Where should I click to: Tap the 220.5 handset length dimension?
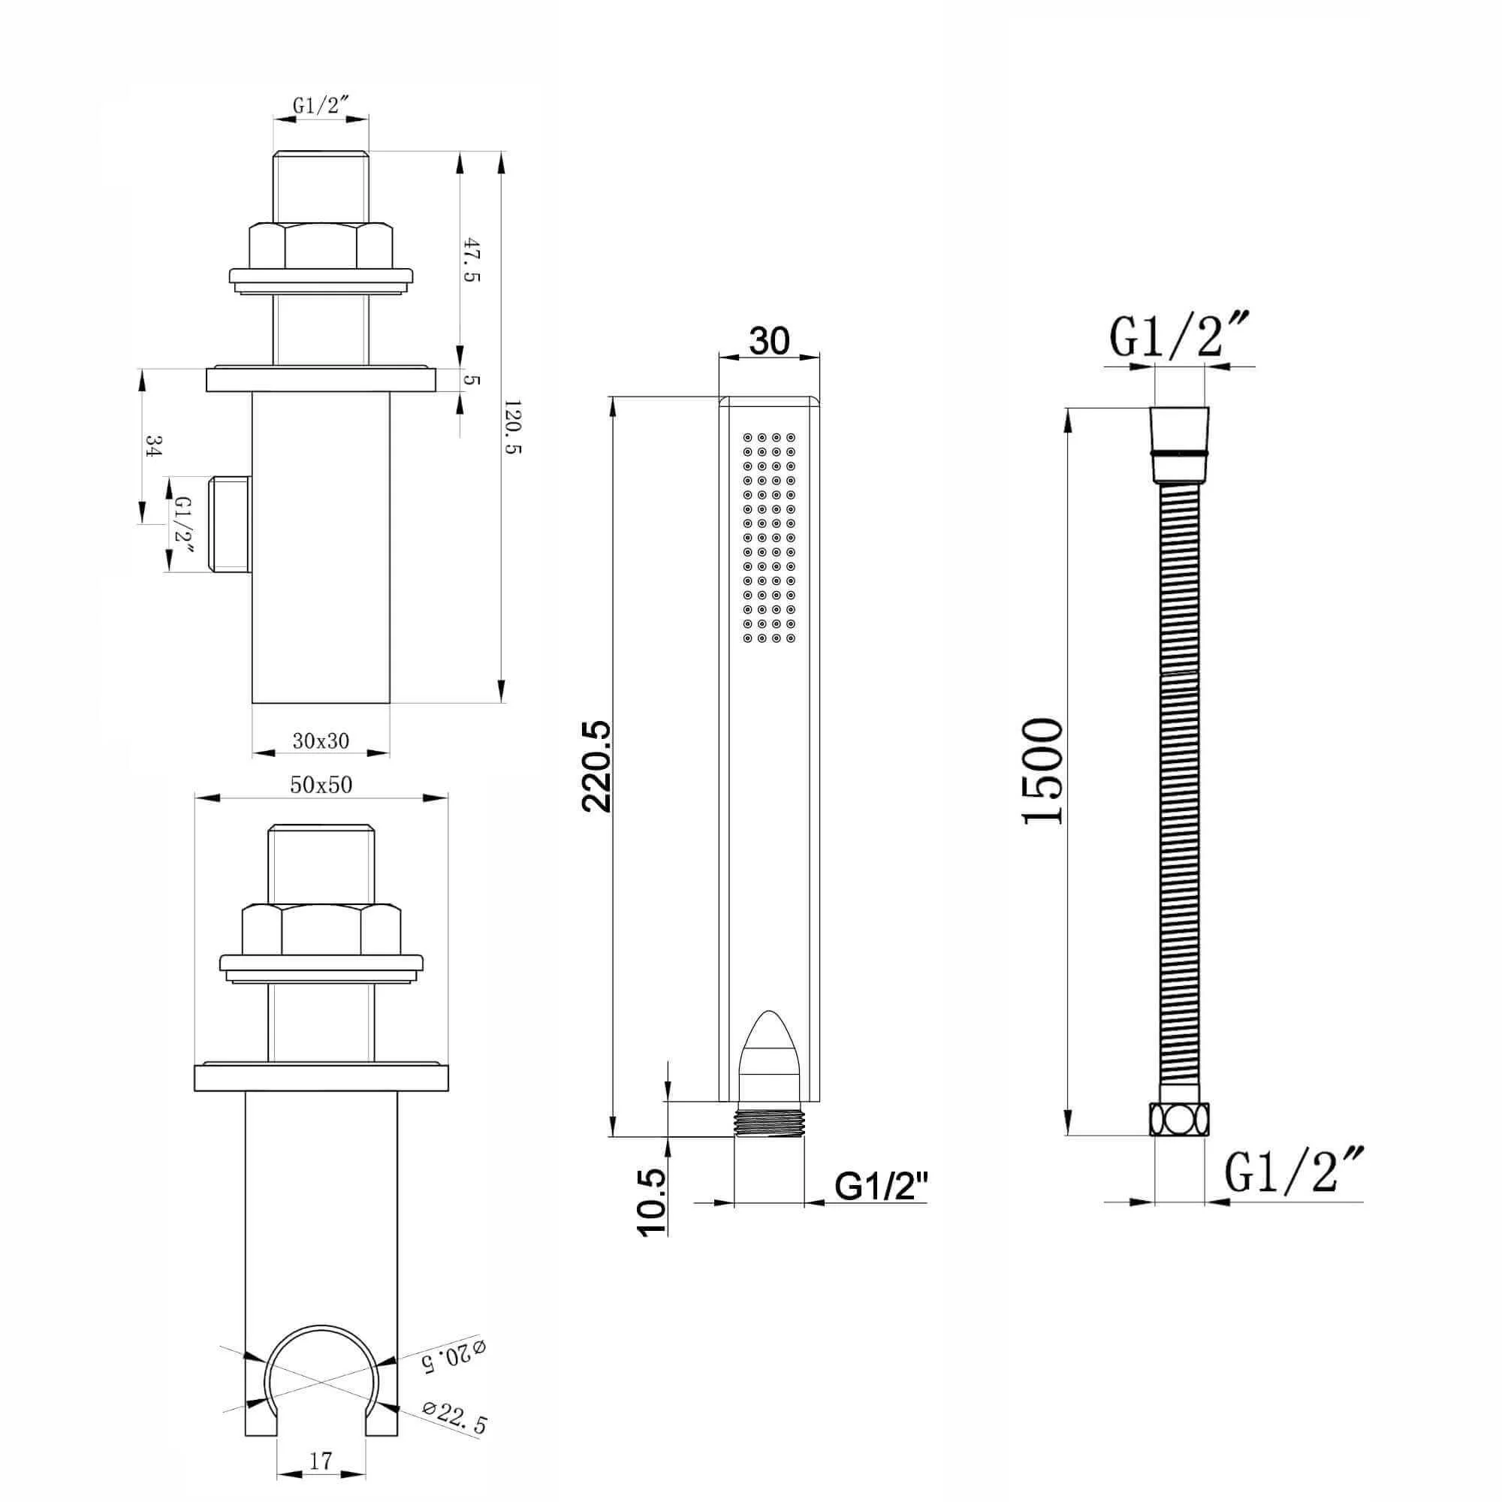coord(597,767)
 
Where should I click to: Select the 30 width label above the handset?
coord(769,339)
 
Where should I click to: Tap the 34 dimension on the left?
coord(153,446)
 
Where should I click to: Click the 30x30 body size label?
coord(321,741)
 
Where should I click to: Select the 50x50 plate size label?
coord(321,786)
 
